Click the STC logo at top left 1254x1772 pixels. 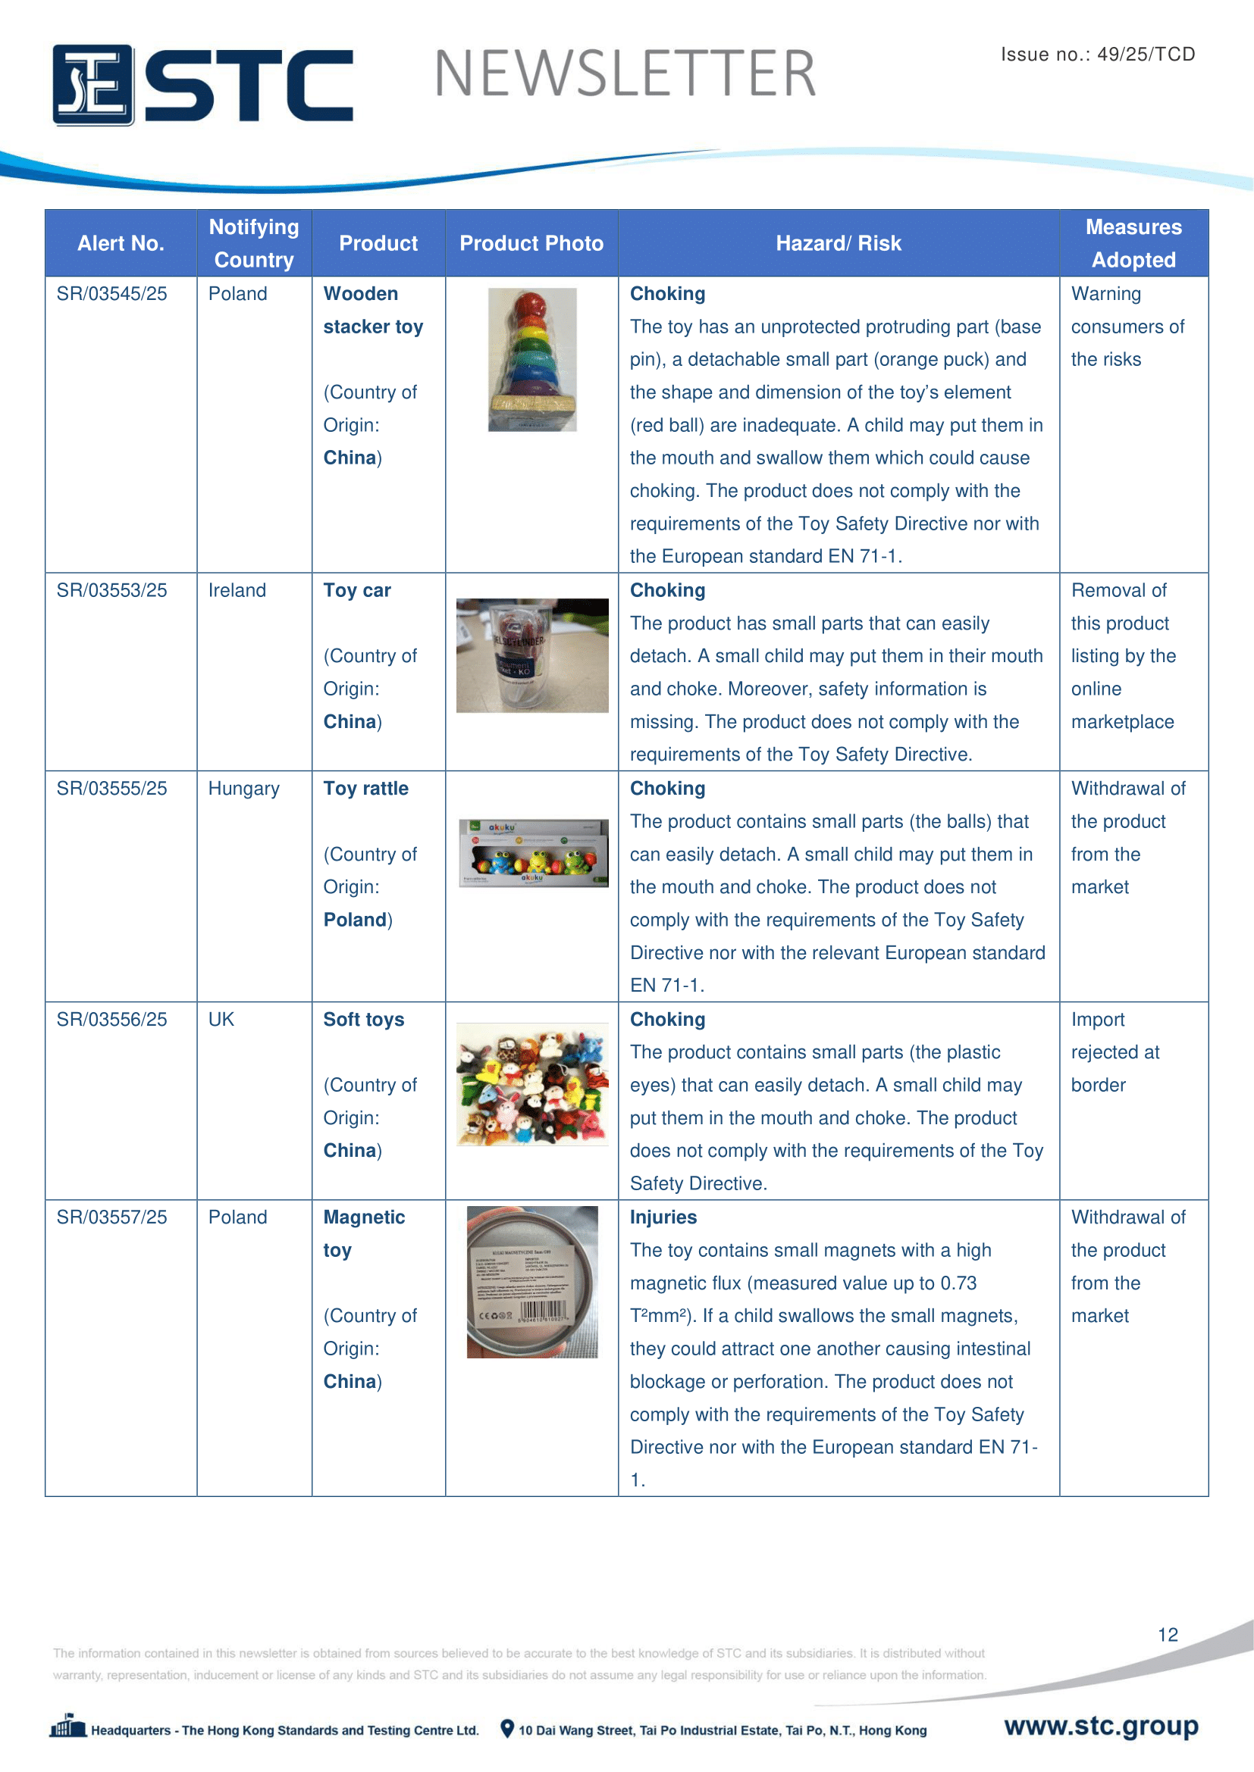[x=202, y=85]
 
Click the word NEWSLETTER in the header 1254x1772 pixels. [x=625, y=74]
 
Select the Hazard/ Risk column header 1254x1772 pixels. [x=838, y=244]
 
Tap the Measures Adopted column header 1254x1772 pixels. [x=1133, y=243]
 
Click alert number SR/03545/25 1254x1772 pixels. [x=112, y=294]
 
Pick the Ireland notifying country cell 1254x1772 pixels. [x=237, y=590]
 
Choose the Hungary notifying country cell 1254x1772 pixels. [x=243, y=789]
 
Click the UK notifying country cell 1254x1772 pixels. [x=221, y=1020]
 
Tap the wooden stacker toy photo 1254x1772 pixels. [x=532, y=360]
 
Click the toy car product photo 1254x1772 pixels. [x=532, y=655]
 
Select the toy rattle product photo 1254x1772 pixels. [x=533, y=853]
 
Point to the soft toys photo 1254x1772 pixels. [x=532, y=1083]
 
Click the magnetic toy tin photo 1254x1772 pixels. [x=532, y=1282]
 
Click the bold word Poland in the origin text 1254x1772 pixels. [x=355, y=920]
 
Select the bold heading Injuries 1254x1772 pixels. [x=663, y=1217]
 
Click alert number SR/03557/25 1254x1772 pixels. [x=112, y=1217]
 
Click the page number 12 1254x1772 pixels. [x=1167, y=1635]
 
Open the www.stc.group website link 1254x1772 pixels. [x=1100, y=1726]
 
